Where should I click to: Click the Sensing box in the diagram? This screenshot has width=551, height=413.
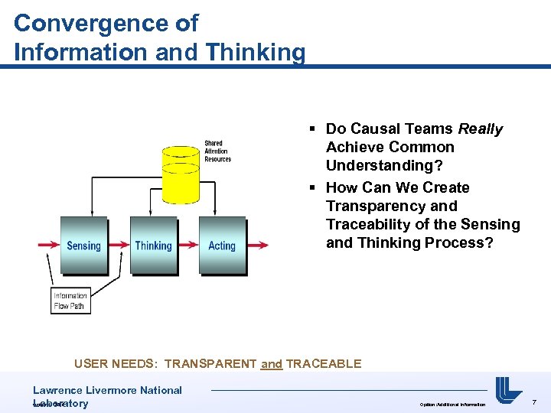tap(83, 245)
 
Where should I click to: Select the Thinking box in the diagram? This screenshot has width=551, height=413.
tap(153, 245)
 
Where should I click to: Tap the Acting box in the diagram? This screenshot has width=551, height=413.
tap(222, 245)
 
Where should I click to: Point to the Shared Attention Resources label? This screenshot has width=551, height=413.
tap(217, 151)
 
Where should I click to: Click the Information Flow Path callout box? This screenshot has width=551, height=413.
tap(70, 301)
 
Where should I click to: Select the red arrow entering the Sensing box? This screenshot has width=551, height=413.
tap(47, 246)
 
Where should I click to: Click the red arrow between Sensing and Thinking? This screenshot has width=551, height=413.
tap(119, 246)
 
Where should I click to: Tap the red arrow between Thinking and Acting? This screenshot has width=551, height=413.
tap(187, 246)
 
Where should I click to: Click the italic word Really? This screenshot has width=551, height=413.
tap(480, 129)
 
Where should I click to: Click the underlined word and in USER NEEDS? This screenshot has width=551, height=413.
tap(272, 364)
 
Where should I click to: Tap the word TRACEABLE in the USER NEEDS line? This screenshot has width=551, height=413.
tap(324, 364)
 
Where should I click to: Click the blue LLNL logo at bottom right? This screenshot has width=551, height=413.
tap(508, 391)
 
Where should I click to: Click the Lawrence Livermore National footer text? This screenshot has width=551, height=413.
tap(107, 390)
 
